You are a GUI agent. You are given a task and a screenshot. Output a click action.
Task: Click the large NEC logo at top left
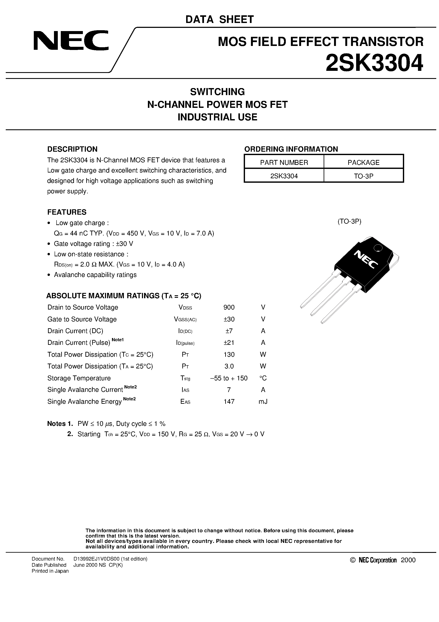tap(71, 41)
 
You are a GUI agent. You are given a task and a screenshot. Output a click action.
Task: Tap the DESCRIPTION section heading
tap(72, 149)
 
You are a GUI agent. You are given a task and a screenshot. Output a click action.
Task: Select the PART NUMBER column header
tap(284, 163)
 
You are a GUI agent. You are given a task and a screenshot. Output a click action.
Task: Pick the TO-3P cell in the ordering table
tap(364, 176)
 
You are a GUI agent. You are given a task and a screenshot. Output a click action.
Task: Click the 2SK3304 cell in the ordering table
tap(284, 176)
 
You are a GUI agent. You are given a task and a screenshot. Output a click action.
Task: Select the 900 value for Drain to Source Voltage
tap(229, 307)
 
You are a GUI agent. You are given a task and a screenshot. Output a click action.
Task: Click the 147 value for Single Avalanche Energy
tap(229, 401)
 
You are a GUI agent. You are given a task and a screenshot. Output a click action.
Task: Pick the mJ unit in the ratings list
tap(263, 401)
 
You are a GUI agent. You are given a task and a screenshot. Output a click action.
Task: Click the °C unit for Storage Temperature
tap(263, 378)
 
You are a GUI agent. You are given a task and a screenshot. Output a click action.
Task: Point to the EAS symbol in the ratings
tap(186, 402)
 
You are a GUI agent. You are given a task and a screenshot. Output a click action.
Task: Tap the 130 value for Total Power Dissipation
tap(229, 354)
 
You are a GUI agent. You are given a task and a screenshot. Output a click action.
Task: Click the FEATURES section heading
tap(67, 212)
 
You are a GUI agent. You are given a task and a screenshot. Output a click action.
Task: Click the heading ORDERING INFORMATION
tap(291, 149)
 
